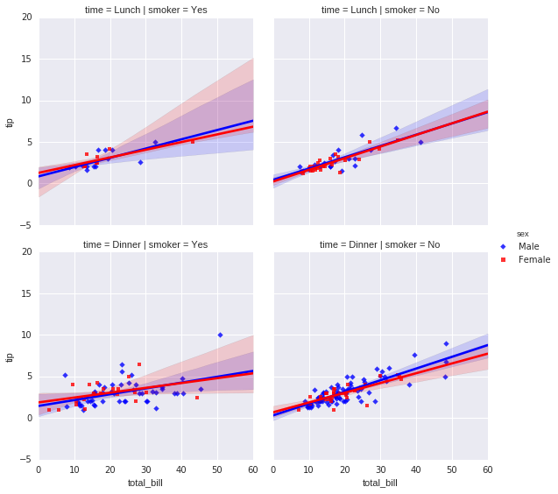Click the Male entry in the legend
point(528,246)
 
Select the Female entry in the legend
point(533,259)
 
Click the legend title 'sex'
point(522,234)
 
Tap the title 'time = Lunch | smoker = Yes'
point(145,9)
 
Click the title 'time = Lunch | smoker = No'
point(380,9)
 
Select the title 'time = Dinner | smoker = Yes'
point(145,243)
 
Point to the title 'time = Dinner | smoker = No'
point(380,243)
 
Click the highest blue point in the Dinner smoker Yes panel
point(220,335)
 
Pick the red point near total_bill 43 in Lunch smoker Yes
point(193,141)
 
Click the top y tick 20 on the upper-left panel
point(28,17)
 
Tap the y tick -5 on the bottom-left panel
point(28,460)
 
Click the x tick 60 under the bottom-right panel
point(487,470)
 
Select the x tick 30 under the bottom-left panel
point(145,470)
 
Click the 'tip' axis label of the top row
point(11,121)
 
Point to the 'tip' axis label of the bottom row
point(11,356)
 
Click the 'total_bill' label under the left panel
point(145,483)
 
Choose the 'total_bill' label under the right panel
point(380,483)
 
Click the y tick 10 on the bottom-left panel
point(28,335)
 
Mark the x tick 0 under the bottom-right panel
point(273,470)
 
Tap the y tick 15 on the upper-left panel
point(28,59)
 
